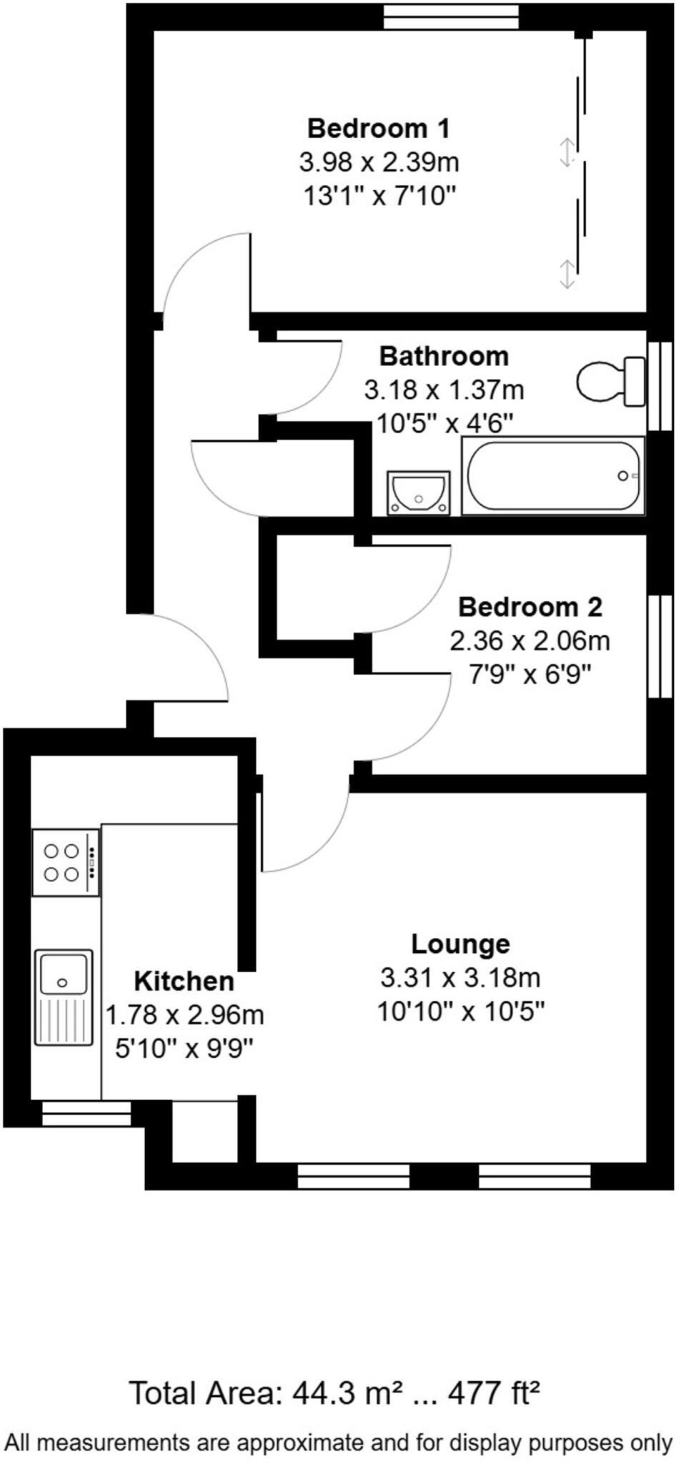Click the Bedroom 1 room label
pos(378,129)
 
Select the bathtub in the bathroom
pos(552,475)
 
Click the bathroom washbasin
pos(418,493)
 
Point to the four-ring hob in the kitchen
pos(65,862)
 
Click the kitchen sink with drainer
pos(64,996)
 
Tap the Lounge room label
pos(460,944)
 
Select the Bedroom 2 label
pos(530,607)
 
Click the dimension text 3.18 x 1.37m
pos(444,390)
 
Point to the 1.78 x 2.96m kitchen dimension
pos(184,1014)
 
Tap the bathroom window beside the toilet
pos(660,386)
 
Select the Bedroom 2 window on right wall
pos(660,646)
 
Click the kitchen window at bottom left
pos(86,1114)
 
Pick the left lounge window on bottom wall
pos(353,1176)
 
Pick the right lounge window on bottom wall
pos(535,1176)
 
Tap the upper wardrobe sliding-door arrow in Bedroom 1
pos(567,152)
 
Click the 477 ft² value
pos(493,1393)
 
